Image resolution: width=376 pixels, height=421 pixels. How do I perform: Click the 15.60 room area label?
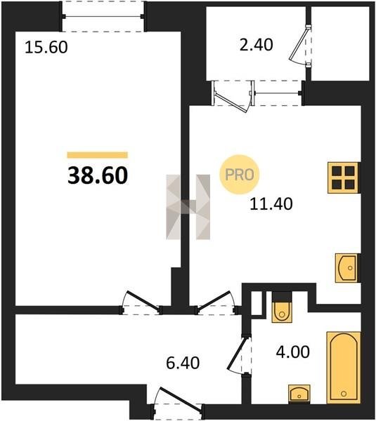pyautogui.click(x=46, y=47)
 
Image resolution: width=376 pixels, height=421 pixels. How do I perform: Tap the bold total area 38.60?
pyautogui.click(x=98, y=175)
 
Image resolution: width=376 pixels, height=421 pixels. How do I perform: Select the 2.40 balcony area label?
pyautogui.click(x=256, y=45)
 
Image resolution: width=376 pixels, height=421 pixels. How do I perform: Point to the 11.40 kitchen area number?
pyautogui.click(x=271, y=203)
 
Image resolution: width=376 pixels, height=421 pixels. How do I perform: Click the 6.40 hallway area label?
pyautogui.click(x=183, y=363)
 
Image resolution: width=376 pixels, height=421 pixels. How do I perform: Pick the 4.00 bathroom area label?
pyautogui.click(x=293, y=352)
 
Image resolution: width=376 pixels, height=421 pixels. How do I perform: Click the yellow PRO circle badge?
pyautogui.click(x=240, y=175)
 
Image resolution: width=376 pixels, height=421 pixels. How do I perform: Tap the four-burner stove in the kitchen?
pyautogui.click(x=344, y=178)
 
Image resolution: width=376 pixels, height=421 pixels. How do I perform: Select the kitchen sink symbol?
pyautogui.click(x=347, y=268)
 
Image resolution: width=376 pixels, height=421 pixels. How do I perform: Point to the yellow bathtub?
pyautogui.click(x=344, y=368)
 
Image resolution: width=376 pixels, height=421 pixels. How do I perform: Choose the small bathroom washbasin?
pyautogui.click(x=299, y=394)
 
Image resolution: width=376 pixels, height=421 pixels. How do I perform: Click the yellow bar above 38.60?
pyautogui.click(x=98, y=155)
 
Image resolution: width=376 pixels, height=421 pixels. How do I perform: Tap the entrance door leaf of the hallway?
pyautogui.click(x=181, y=399)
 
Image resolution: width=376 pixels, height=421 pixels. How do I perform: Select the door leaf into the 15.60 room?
pyautogui.click(x=143, y=301)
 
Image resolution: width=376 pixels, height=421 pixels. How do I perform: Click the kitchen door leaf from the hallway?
pyautogui.click(x=214, y=301)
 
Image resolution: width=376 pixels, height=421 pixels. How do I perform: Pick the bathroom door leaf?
pyautogui.click(x=238, y=353)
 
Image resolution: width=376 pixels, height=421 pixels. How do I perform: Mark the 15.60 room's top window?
pyautogui.click(x=103, y=17)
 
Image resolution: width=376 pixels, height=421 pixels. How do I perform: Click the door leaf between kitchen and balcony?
pyautogui.click(x=232, y=102)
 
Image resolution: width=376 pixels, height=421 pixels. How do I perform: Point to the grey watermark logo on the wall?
pyautogui.click(x=188, y=207)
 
